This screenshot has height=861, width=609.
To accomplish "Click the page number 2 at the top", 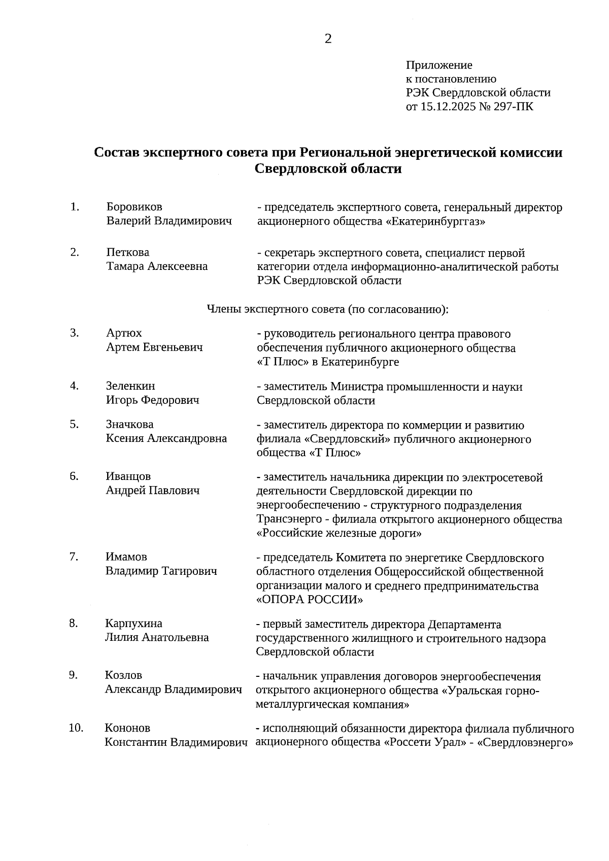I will tap(328, 39).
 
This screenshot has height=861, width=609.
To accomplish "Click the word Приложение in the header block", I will tap(439, 65).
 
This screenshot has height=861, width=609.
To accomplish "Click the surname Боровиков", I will tap(134, 207).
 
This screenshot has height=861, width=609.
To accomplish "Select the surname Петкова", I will tap(128, 252).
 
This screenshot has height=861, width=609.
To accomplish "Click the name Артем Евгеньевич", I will tap(154, 347).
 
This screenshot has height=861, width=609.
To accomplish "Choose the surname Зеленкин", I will tap(130, 386).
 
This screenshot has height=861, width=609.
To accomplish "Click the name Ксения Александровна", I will tap(166, 438).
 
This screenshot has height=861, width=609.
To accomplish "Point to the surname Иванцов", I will tap(128, 476).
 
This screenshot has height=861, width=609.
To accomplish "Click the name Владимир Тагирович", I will tap(161, 571).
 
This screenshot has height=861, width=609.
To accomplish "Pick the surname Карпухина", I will tap(133, 624).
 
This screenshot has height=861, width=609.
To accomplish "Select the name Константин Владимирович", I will tap(176, 742).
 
